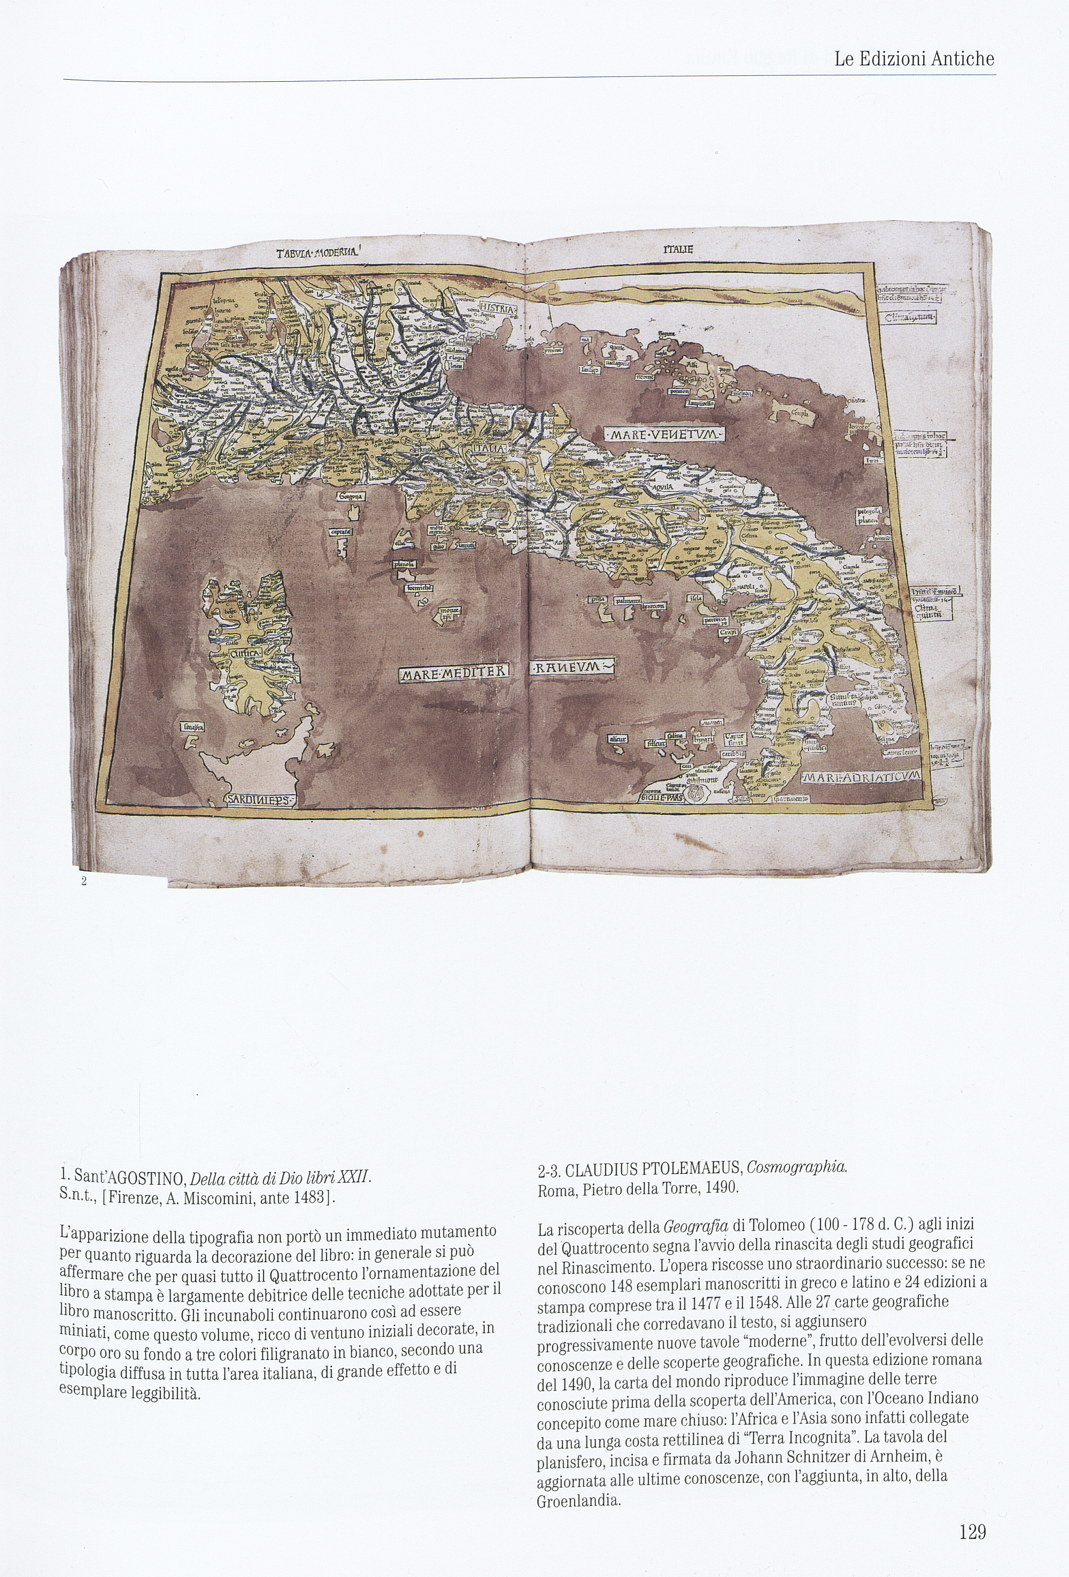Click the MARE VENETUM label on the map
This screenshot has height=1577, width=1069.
[665, 434]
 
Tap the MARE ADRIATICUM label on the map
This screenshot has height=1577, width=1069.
[859, 776]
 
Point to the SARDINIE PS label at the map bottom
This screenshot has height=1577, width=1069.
[260, 801]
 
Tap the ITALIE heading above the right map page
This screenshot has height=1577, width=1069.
[678, 250]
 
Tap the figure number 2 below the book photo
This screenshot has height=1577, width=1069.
[83, 882]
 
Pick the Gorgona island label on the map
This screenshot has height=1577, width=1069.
[351, 496]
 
